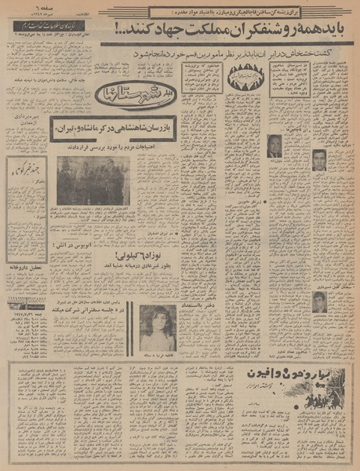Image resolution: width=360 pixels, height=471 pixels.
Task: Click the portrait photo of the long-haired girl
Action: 158,327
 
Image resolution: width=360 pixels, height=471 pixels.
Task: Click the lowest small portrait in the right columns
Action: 318,301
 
